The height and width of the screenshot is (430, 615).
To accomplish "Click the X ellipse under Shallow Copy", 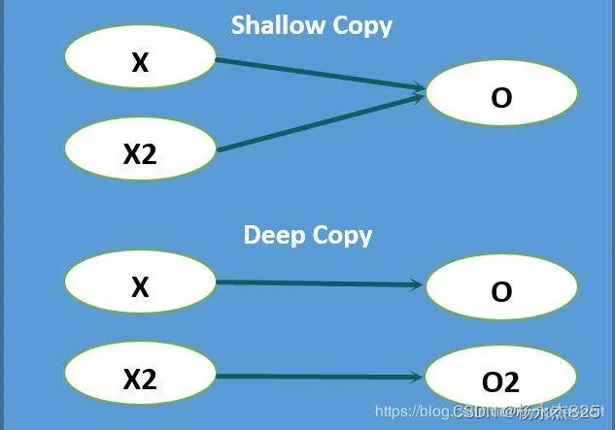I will point(140,62).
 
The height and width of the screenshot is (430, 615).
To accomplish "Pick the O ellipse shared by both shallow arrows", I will point(501,97).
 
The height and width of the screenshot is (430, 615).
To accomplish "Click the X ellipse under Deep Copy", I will point(140,286).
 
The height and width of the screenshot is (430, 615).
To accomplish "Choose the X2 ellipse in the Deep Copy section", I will point(140,379).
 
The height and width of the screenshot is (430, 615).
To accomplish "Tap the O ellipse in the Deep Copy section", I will point(501,290).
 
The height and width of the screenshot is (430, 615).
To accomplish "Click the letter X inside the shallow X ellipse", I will point(140,62).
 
